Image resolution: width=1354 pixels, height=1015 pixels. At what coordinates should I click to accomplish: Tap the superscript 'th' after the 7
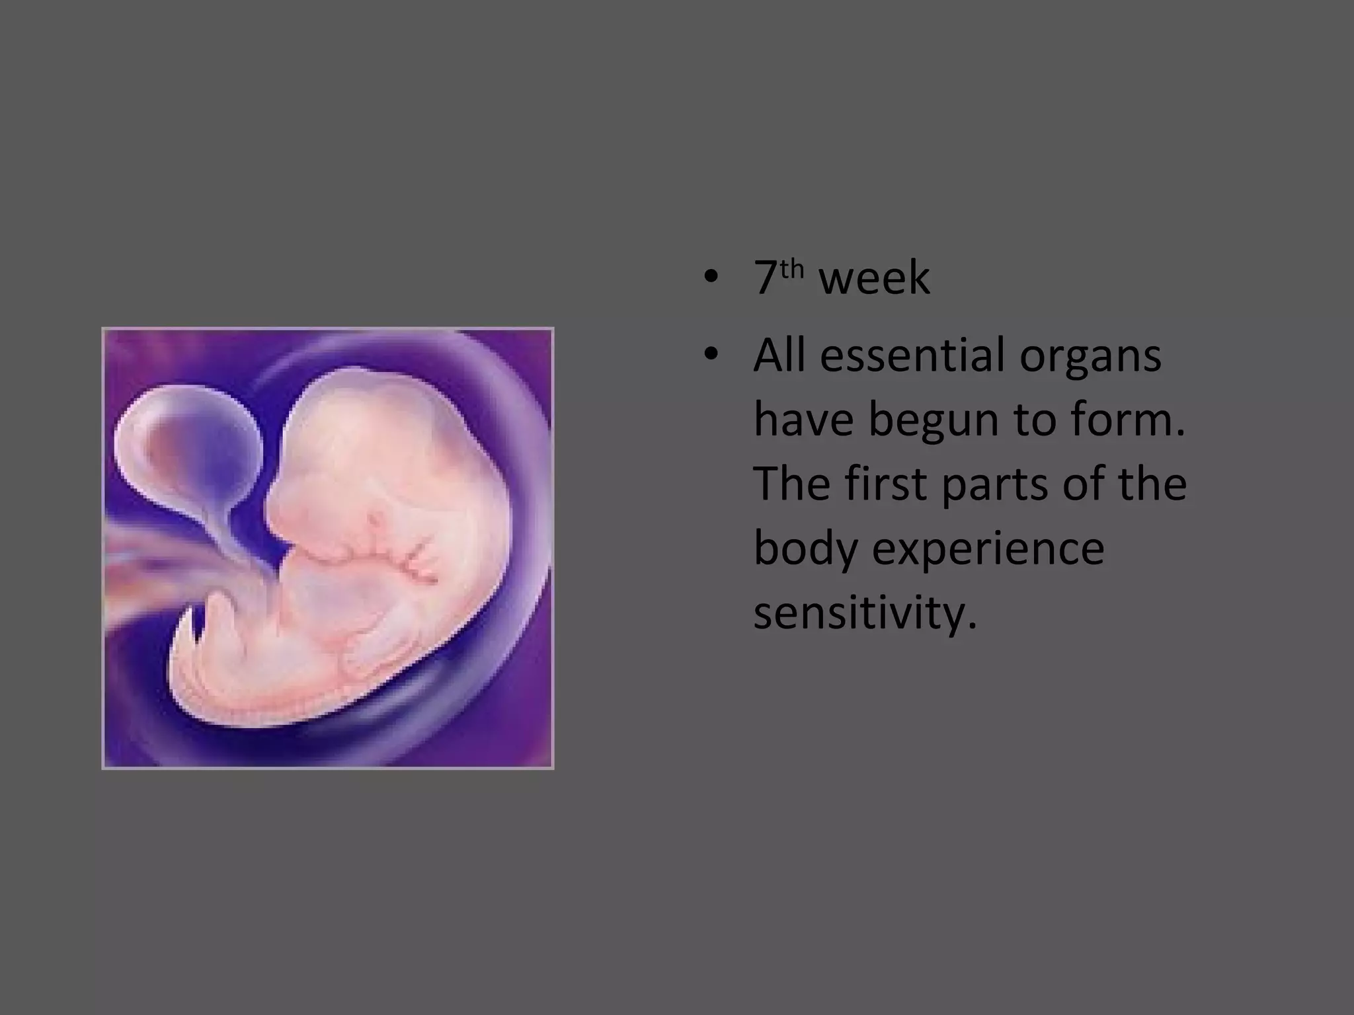coord(791,270)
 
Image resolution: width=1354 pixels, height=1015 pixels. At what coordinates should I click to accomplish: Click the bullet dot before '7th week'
coord(711,278)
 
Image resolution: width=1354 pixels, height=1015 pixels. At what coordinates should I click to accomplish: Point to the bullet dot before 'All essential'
coord(711,356)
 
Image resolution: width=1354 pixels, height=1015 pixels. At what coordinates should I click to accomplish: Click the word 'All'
coord(779,356)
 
